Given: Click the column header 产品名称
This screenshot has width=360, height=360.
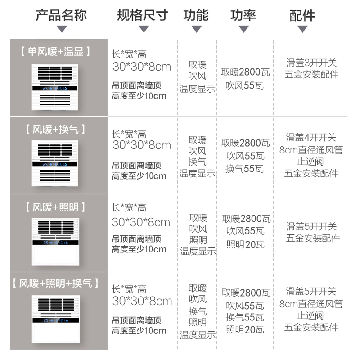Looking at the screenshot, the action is pyautogui.click(x=61, y=15).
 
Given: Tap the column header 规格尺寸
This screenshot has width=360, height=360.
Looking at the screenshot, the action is pyautogui.click(x=142, y=15).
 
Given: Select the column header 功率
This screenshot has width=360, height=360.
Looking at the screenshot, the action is pyautogui.click(x=243, y=15).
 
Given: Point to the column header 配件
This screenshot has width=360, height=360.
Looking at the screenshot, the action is pyautogui.click(x=302, y=15).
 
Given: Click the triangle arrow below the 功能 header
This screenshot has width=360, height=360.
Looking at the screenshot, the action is pyautogui.click(x=196, y=29).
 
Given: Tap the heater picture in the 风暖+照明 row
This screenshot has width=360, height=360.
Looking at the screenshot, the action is pyautogui.click(x=55, y=241).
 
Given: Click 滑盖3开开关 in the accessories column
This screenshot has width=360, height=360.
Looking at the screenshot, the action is pyautogui.click(x=311, y=63).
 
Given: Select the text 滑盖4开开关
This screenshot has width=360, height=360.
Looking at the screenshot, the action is pyautogui.click(x=311, y=137).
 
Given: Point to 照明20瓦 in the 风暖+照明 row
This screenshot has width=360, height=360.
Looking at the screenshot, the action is pyautogui.click(x=245, y=244).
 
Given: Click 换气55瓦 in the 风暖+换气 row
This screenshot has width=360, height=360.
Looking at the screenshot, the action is pyautogui.click(x=244, y=169).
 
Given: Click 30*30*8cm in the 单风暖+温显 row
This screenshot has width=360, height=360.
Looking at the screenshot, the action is pyautogui.click(x=142, y=67).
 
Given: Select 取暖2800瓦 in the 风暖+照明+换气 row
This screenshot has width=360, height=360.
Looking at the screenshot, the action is pyautogui.click(x=246, y=292).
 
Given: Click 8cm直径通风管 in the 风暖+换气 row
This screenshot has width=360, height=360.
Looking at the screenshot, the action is pyautogui.click(x=311, y=149).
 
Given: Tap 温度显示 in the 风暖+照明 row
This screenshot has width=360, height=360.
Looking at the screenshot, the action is pyautogui.click(x=198, y=251).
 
